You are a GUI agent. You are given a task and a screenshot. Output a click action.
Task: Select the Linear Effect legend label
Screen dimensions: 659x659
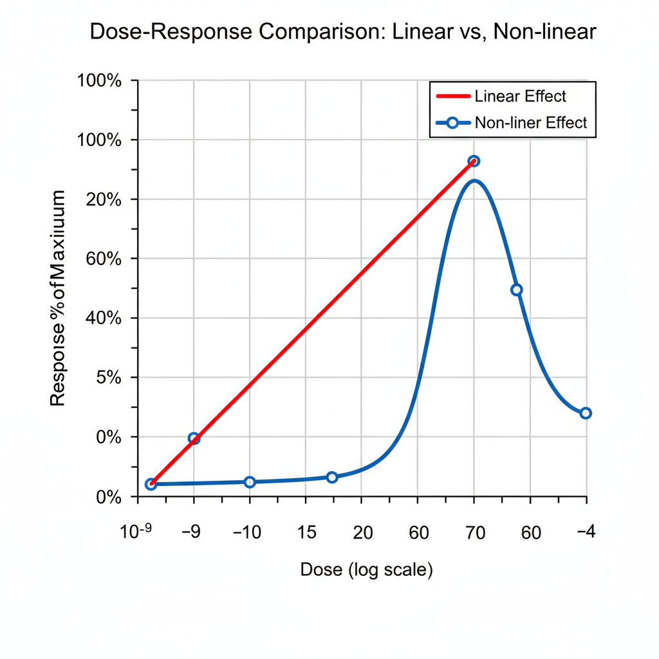point(520,97)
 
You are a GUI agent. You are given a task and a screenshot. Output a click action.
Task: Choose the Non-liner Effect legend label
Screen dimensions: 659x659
point(530,122)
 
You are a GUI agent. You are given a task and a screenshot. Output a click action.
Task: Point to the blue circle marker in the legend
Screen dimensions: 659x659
point(453,122)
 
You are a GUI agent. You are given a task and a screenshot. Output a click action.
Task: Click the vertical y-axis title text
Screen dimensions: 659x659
point(58,298)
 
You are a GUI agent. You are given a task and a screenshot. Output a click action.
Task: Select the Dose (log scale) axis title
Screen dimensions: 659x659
point(366,570)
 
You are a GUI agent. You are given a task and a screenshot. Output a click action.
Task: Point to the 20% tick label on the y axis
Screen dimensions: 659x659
point(103,200)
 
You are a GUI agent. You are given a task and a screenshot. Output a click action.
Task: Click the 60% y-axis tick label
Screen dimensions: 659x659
point(103,259)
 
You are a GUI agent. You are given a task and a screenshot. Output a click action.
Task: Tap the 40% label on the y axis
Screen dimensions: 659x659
point(103,318)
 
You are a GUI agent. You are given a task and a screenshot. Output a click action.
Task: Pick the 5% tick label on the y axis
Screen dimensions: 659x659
point(107,378)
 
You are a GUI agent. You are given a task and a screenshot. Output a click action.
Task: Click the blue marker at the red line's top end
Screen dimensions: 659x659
point(474,161)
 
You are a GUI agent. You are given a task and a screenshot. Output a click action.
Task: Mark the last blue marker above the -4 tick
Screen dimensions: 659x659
point(585,413)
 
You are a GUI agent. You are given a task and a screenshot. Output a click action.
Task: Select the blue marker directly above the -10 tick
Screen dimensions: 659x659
point(250,482)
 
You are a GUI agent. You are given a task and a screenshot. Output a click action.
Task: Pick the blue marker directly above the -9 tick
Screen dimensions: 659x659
point(194,438)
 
